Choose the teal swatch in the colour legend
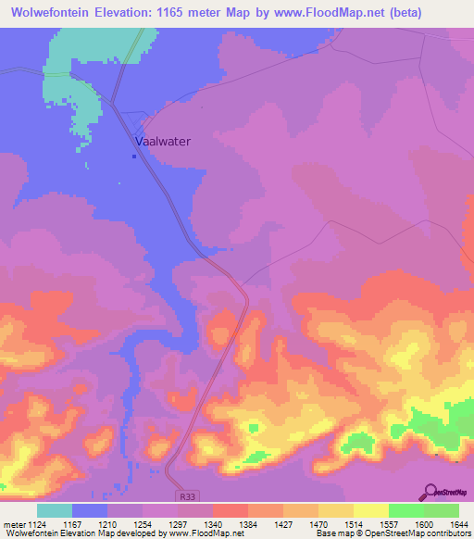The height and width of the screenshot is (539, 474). pyautogui.click(x=54, y=511)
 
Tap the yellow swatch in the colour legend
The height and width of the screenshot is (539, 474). pyautogui.click(x=370, y=511)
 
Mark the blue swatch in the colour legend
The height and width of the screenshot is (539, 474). pyautogui.click(x=89, y=511)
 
